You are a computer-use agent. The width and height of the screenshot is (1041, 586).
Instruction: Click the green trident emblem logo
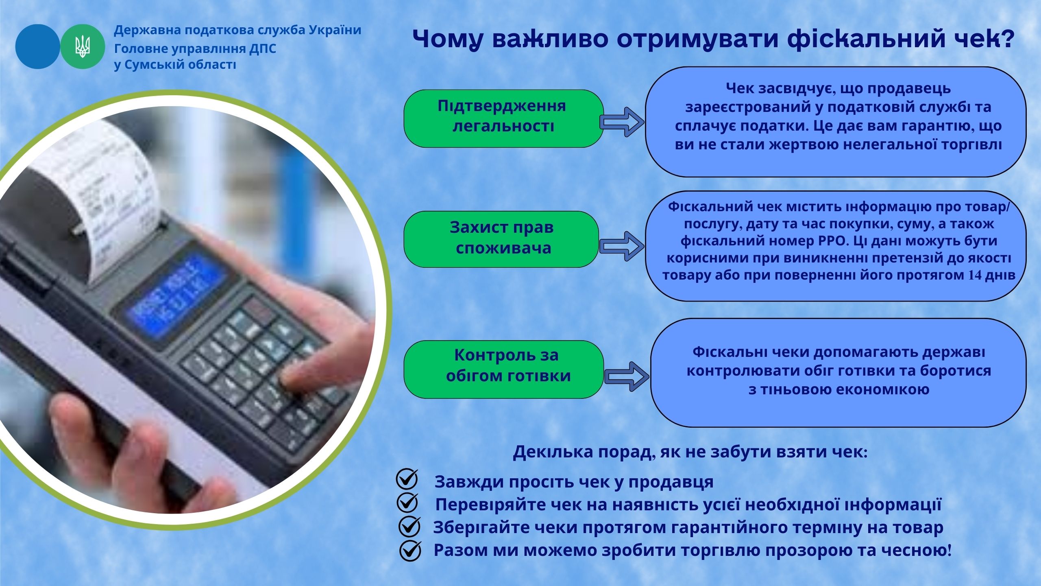click(83, 46)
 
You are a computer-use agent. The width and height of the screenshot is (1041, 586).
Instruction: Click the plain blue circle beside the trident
click(37, 46)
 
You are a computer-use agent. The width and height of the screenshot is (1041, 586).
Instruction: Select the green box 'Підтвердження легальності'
click(503, 118)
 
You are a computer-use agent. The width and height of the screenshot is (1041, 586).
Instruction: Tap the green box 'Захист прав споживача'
click(501, 239)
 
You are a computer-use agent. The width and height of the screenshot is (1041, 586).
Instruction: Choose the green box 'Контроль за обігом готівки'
click(503, 369)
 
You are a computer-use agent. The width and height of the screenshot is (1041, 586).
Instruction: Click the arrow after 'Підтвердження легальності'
click(623, 122)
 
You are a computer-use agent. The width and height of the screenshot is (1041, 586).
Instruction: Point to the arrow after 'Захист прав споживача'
click(622, 246)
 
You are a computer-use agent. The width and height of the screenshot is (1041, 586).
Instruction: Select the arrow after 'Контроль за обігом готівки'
click(627, 376)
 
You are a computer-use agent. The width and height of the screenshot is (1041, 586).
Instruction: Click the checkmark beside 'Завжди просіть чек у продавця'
click(407, 479)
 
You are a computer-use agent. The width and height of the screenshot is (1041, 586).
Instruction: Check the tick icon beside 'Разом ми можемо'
click(410, 550)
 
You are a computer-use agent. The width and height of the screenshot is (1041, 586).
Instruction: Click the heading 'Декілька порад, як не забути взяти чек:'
click(690, 452)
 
